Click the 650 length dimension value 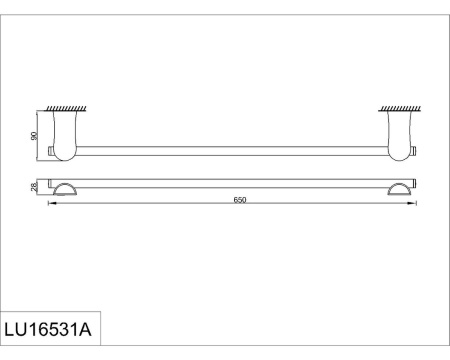pos(240,200)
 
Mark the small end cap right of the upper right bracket pos(414,151)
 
